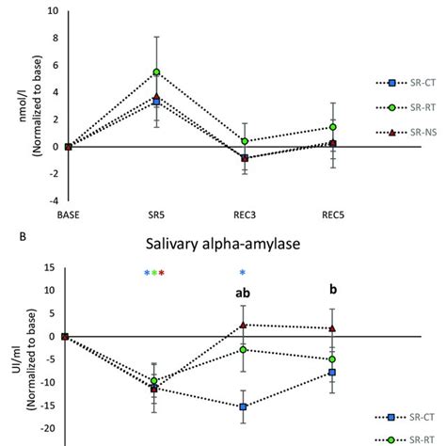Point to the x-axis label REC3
(244, 215)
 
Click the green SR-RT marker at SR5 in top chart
(156, 72)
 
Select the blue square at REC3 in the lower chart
(244, 406)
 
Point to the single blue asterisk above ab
(243, 273)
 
